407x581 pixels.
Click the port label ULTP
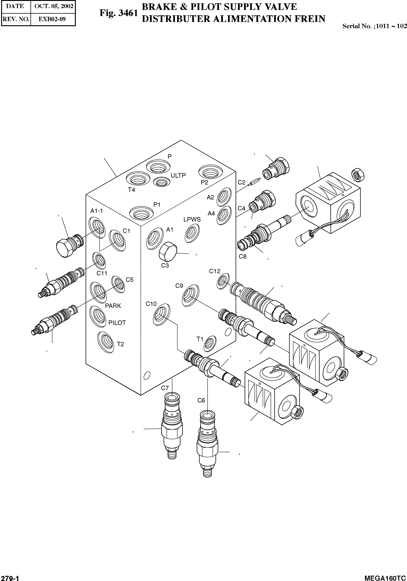(178, 175)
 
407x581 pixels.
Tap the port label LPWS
(192, 219)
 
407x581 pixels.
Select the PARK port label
(113, 306)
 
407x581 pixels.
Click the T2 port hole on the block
(106, 342)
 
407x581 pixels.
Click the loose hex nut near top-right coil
(358, 175)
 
